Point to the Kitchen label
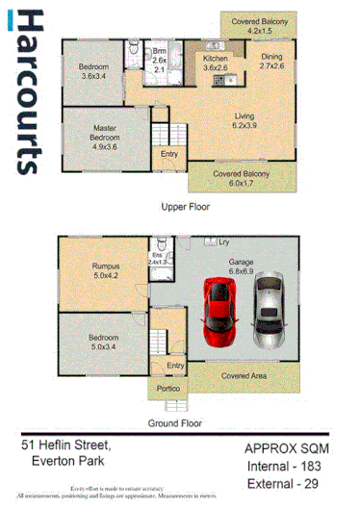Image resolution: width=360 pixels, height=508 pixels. click(x=215, y=63)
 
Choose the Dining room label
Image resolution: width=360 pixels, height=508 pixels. click(x=272, y=62)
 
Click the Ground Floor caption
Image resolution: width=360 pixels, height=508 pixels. click(x=174, y=422)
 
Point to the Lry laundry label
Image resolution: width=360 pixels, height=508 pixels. click(x=222, y=241)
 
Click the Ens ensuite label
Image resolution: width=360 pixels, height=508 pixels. click(x=157, y=257)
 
